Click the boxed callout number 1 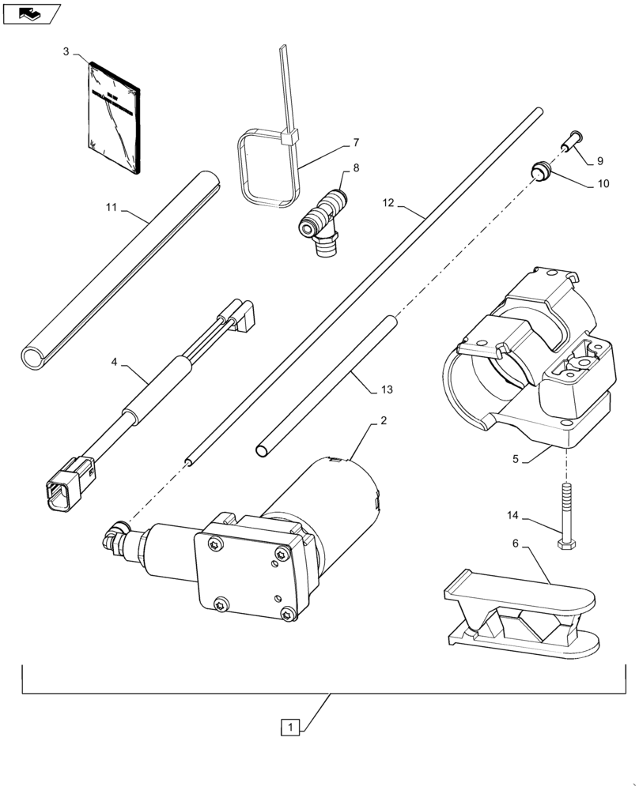pos(292,726)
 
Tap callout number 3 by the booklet pos(66,51)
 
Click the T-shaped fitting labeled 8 pos(323,217)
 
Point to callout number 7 pos(356,143)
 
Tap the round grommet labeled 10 pos(539,170)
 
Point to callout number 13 pos(386,390)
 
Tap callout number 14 pos(513,516)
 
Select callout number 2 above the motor pos(383,420)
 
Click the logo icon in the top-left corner pos(31,13)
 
